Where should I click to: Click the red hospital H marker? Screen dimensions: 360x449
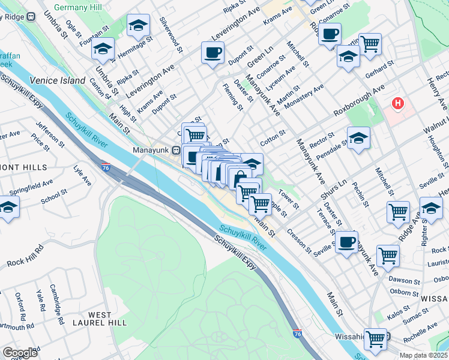point(398,104)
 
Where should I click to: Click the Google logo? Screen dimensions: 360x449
point(20,353)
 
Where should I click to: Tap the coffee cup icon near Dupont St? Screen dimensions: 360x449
point(212,53)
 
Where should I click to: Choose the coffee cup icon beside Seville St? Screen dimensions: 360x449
point(346,242)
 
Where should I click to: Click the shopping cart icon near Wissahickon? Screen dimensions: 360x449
point(375,339)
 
